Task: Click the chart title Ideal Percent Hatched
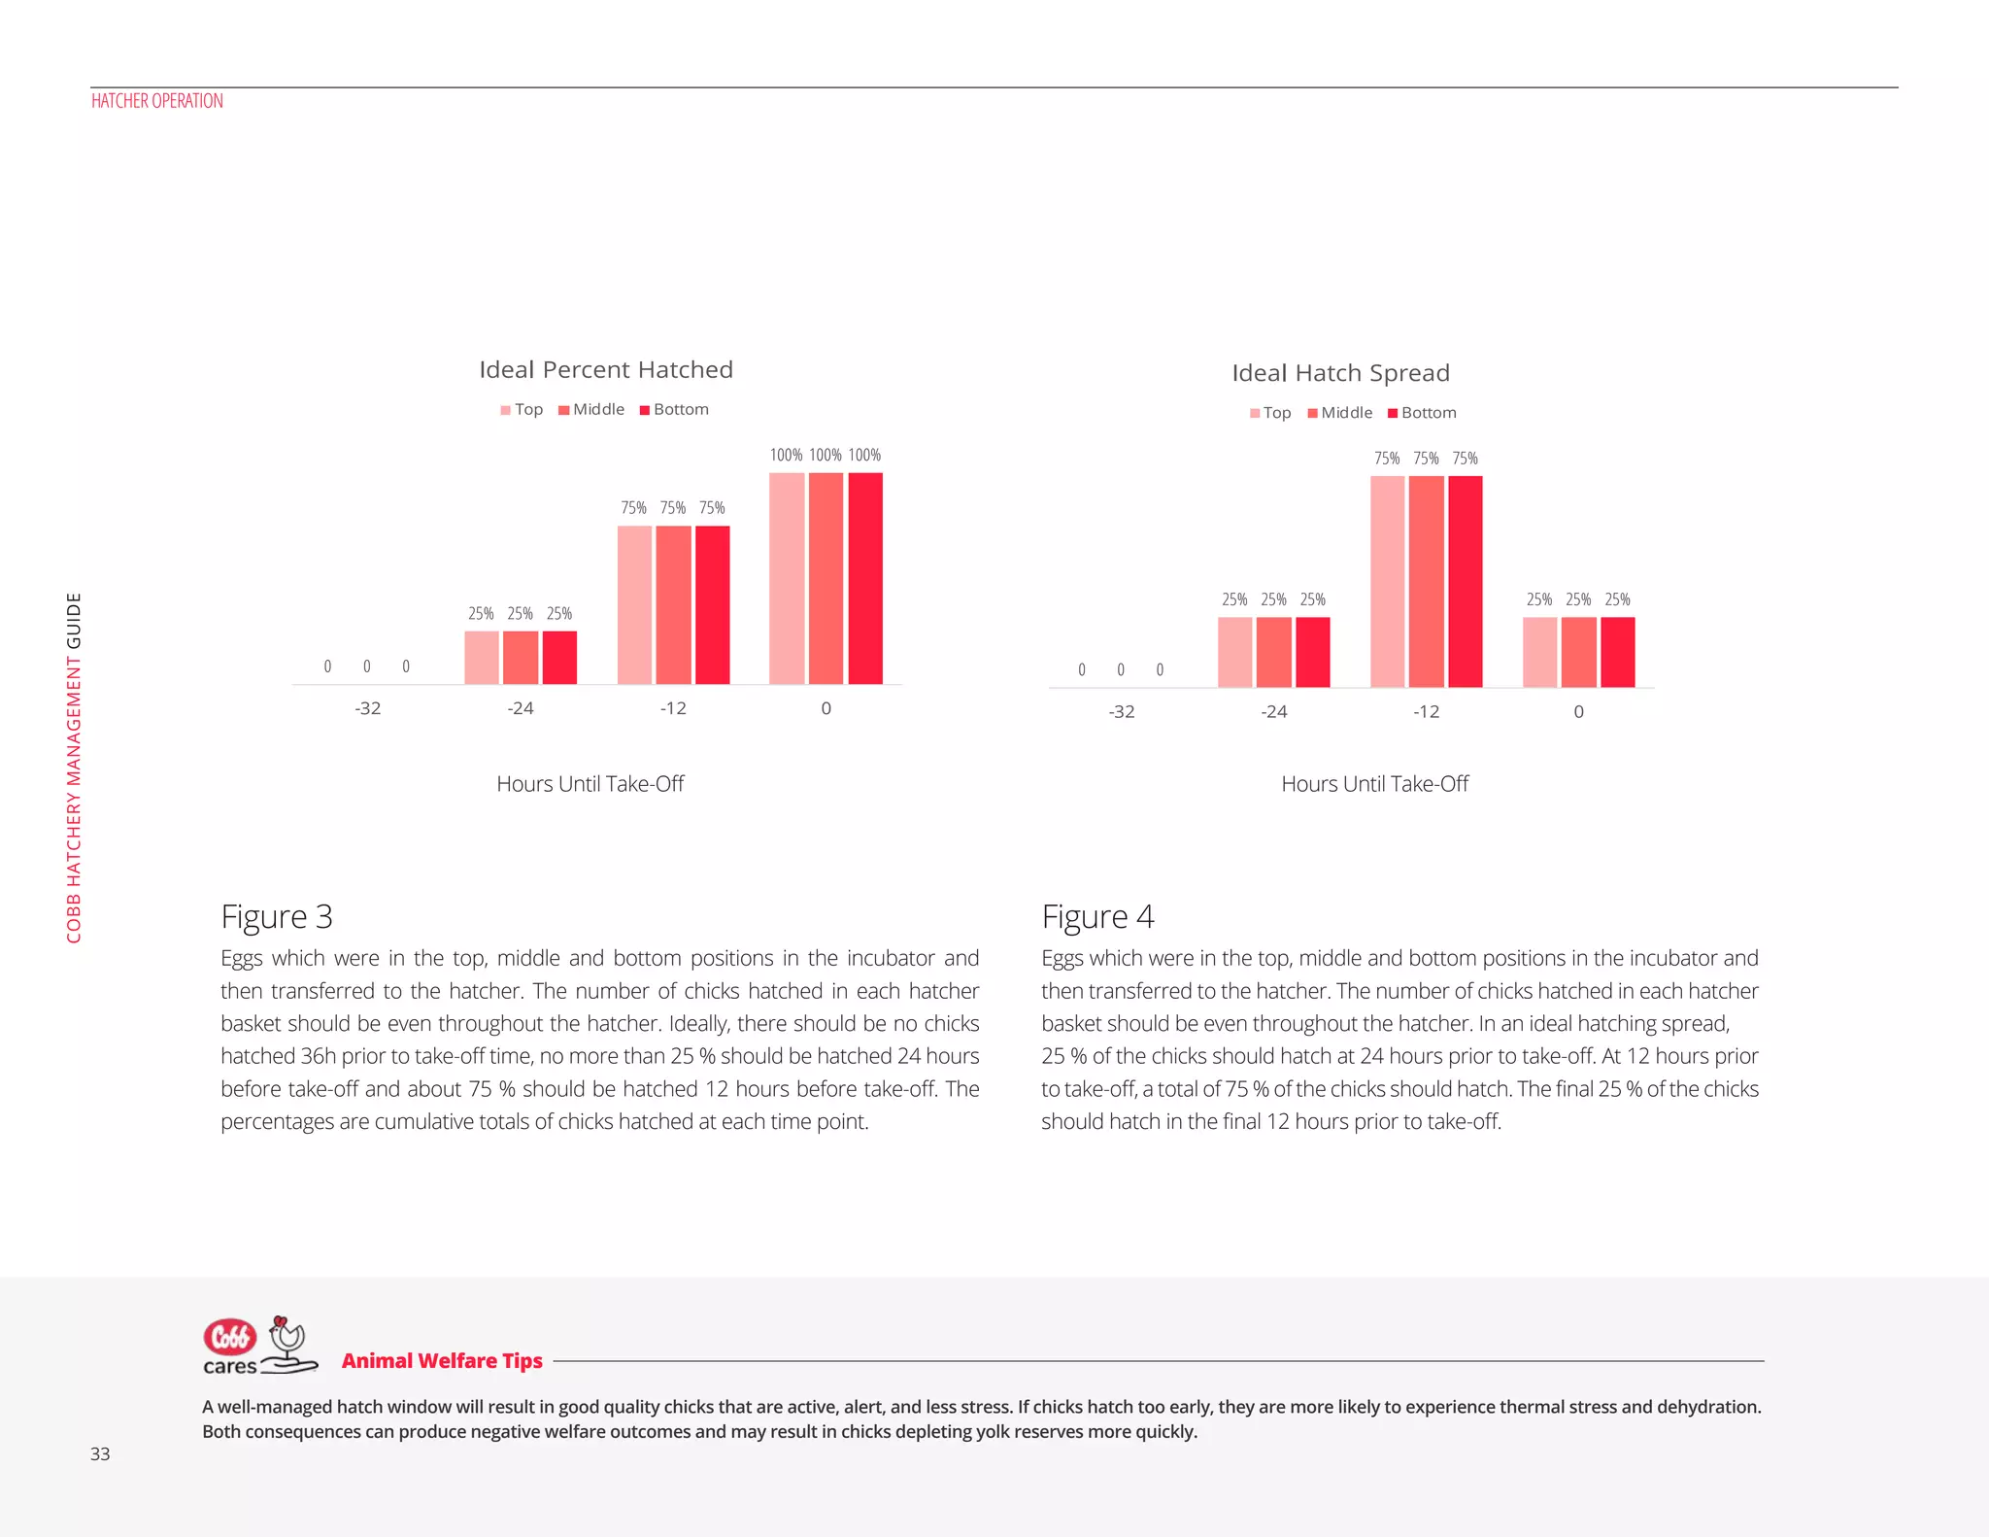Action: (x=606, y=370)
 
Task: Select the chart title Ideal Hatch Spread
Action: (x=1340, y=373)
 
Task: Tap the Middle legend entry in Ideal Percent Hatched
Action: (x=591, y=410)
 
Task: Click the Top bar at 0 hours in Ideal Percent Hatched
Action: (x=787, y=578)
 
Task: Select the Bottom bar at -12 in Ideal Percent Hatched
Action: (x=712, y=604)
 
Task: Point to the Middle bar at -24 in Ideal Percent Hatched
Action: (x=521, y=657)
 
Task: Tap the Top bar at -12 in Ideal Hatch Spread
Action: (x=1387, y=581)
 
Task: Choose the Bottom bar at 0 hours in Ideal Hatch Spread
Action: (x=1617, y=652)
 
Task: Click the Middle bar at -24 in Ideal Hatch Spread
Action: (x=1273, y=652)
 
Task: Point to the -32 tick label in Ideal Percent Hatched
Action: (x=367, y=708)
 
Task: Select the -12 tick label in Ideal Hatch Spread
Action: (x=1426, y=712)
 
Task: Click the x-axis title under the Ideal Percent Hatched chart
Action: (x=590, y=784)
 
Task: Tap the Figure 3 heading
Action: (x=277, y=917)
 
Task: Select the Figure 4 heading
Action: (x=1097, y=917)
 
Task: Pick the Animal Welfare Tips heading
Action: (x=442, y=1361)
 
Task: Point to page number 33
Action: (x=100, y=1454)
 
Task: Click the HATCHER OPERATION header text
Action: (x=157, y=101)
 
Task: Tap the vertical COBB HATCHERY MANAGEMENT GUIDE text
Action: (x=74, y=768)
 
